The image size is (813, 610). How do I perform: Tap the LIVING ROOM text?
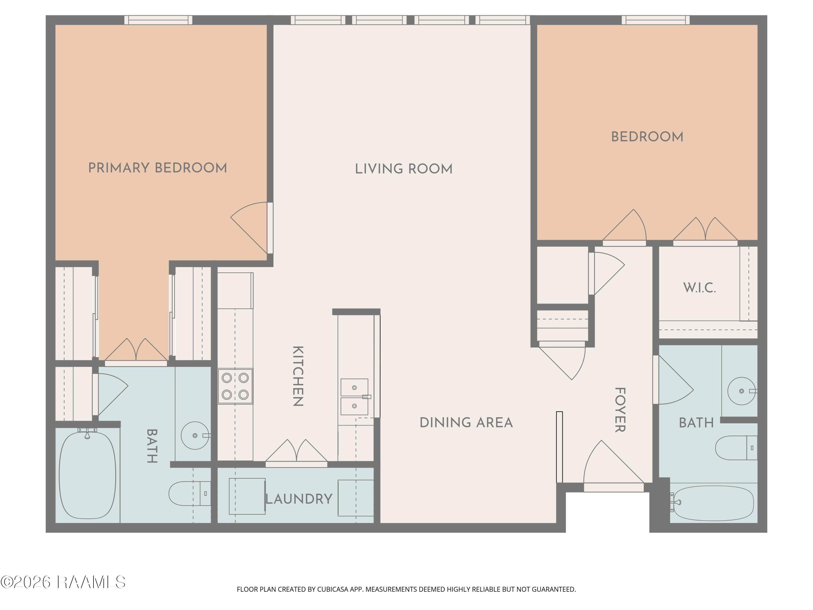[404, 169]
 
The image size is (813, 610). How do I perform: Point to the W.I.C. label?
[699, 288]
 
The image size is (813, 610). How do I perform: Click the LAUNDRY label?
[299, 499]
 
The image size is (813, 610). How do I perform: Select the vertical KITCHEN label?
[298, 376]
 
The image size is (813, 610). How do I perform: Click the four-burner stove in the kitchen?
[235, 386]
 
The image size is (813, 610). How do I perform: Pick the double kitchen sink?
[354, 397]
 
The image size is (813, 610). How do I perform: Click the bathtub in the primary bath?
[88, 475]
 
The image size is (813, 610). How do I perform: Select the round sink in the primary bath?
[195, 435]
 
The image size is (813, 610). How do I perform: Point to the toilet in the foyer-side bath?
[736, 448]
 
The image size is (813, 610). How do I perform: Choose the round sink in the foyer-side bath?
[742, 391]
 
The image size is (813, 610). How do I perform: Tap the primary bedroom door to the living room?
[252, 228]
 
